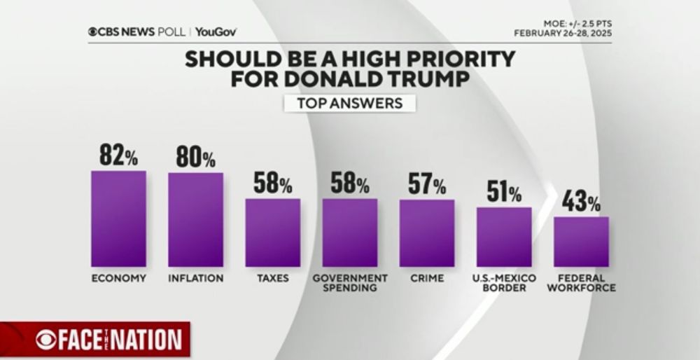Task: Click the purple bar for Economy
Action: [x=118, y=219]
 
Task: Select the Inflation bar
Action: [x=195, y=219]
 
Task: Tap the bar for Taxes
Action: [x=272, y=233]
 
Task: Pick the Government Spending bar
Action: [x=350, y=233]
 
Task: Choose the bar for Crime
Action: [x=427, y=233]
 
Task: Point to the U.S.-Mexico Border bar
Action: [x=504, y=237]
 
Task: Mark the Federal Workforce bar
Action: [x=581, y=242]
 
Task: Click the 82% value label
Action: [x=118, y=155]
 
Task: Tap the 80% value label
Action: [x=195, y=157]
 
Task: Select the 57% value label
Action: [x=427, y=185]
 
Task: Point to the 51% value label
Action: [x=504, y=193]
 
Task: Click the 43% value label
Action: [x=581, y=202]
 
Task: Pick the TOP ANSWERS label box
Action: [x=349, y=103]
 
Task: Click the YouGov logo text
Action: [x=216, y=32]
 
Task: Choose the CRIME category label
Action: [x=427, y=278]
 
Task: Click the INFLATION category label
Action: [x=195, y=278]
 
